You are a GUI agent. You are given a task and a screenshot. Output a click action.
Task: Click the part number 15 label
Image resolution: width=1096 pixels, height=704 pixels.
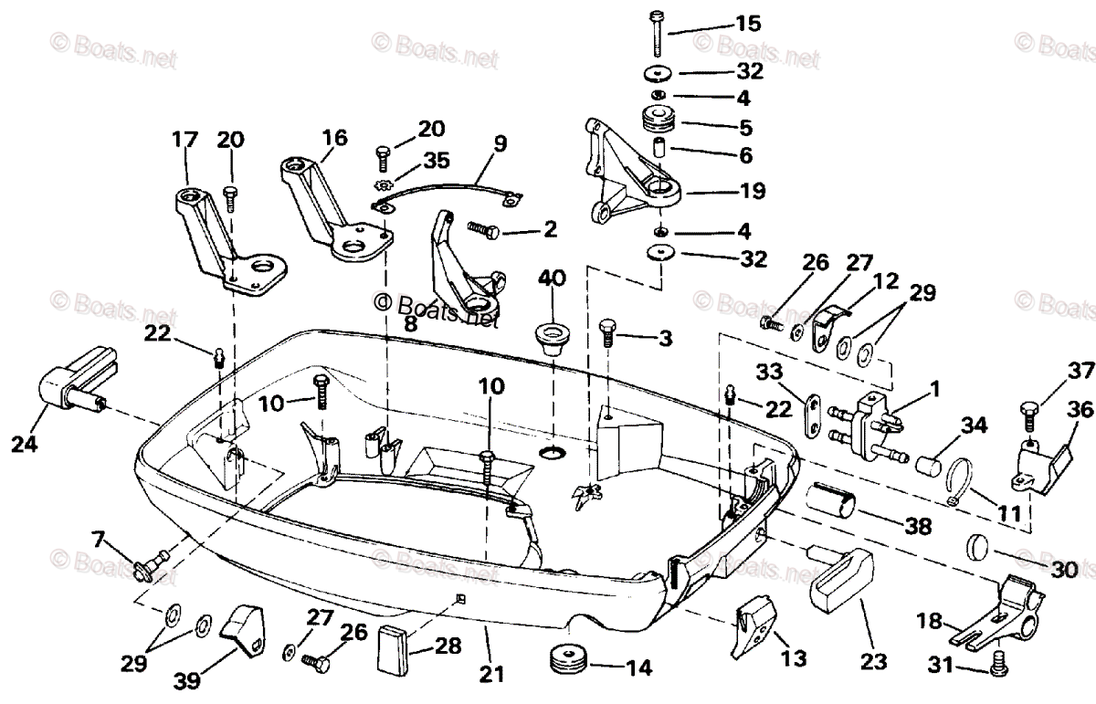pos(748,23)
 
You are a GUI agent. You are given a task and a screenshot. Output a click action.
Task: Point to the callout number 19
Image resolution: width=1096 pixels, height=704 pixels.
pos(753,192)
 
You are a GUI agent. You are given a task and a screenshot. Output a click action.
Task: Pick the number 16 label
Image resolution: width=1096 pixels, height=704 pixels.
pos(333,138)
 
